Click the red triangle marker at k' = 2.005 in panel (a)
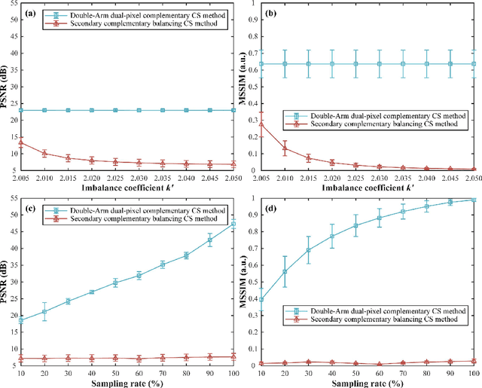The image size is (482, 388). pos(20,142)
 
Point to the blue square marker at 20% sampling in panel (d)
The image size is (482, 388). pos(285,271)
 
